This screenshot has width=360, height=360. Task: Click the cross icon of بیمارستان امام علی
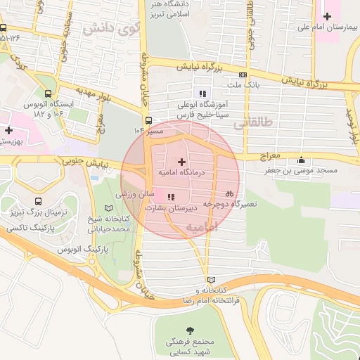[x=327, y=16]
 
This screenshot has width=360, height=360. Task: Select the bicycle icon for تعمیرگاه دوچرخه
[x=229, y=193]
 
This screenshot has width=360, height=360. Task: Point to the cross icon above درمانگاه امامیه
[x=181, y=162]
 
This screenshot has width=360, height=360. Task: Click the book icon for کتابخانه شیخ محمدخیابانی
[x=108, y=209]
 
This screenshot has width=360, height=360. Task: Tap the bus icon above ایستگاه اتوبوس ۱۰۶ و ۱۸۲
[x=48, y=94]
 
